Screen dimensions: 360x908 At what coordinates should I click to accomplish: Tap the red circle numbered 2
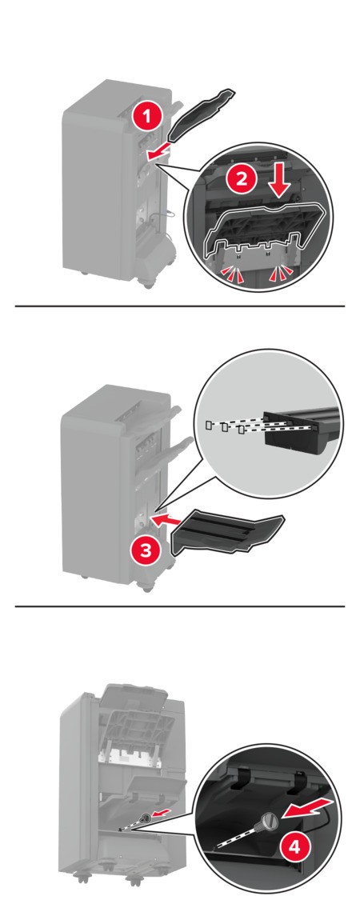pos(240,179)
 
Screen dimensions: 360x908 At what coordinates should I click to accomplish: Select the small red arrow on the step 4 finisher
pos(164,814)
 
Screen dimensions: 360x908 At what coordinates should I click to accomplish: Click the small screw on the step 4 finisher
pos(145,818)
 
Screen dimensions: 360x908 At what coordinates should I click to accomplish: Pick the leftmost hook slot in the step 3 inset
pos(208,426)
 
